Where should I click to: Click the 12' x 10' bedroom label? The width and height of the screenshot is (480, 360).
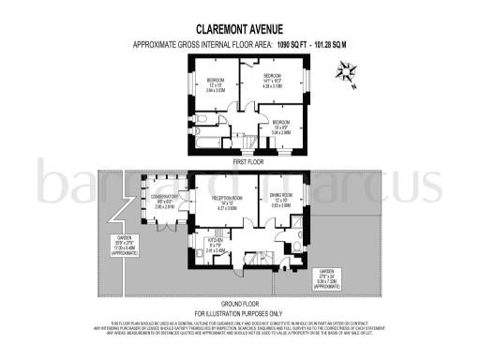pyautogui.click(x=217, y=85)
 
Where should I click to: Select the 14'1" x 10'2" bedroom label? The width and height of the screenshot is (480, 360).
pyautogui.click(x=272, y=79)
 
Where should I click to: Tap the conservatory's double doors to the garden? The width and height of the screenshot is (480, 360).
pyautogui.click(x=165, y=229)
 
